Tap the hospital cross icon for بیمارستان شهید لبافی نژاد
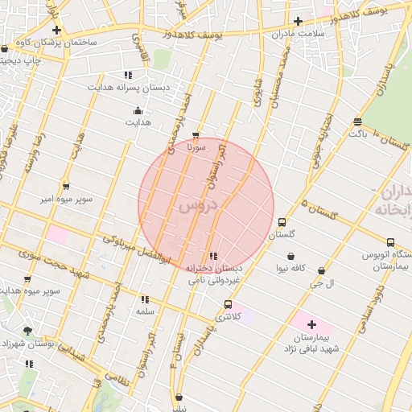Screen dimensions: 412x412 click(311, 324)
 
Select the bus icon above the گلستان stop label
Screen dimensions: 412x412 click(282, 223)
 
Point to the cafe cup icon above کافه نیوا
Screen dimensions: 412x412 click(290, 257)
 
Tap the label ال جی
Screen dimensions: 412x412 click(321, 283)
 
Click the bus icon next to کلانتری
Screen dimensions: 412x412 click(229, 305)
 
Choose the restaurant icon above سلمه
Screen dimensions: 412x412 click(144, 299)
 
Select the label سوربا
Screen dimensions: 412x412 click(196, 147)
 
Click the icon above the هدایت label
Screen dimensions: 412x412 click(138, 110)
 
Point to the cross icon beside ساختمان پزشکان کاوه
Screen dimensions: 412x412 click(56, 30)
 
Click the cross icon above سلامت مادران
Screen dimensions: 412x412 click(298, 21)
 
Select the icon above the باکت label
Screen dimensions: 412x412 click(357, 122)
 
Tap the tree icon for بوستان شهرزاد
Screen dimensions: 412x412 click(28, 330)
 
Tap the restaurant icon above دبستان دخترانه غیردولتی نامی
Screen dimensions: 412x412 click(212, 256)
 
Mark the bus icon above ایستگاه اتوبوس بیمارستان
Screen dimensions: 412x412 click(390, 242)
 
